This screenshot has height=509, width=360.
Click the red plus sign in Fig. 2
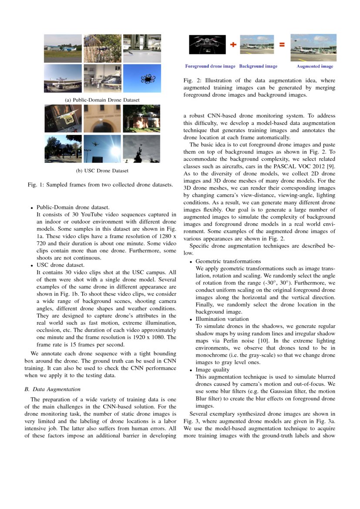(x=233, y=44)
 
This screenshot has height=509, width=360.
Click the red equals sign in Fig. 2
(x=282, y=44)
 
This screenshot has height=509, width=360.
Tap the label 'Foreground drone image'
(x=210, y=67)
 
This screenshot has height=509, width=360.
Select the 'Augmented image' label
(x=315, y=67)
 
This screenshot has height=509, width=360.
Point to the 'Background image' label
(x=258, y=67)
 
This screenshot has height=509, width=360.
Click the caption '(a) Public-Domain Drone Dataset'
(x=102, y=100)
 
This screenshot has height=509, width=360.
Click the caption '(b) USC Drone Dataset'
(x=102, y=170)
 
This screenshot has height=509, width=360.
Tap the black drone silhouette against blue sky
(x=148, y=79)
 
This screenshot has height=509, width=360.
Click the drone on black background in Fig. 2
(x=207, y=44)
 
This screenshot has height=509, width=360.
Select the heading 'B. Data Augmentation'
(x=53, y=389)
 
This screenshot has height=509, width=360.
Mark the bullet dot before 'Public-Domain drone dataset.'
(x=32, y=208)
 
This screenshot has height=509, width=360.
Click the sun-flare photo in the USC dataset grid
(x=103, y=149)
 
